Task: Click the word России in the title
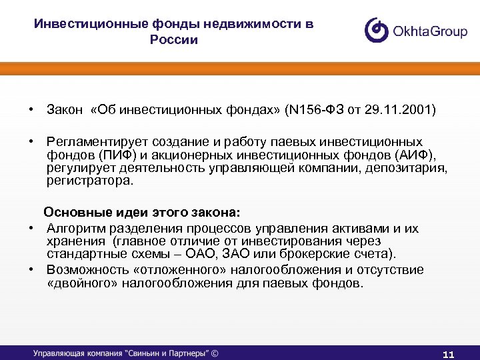click(174, 40)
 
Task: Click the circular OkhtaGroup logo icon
click(377, 30)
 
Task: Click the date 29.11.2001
click(405, 109)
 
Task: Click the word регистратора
click(89, 180)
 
